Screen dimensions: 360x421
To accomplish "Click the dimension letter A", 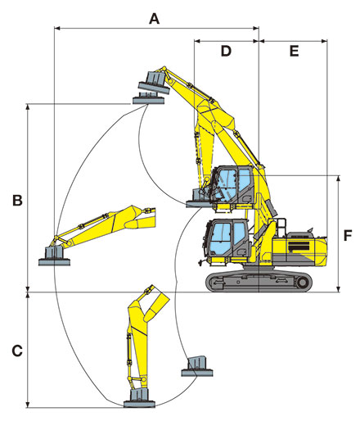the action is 154,19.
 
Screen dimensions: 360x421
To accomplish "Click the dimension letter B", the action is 17,200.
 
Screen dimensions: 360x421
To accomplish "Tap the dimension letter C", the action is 17,351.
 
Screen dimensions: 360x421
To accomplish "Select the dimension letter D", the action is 226,51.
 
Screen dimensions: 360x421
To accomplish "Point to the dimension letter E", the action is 294,51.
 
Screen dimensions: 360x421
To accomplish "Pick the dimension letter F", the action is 348,236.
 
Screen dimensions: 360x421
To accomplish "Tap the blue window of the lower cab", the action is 227,237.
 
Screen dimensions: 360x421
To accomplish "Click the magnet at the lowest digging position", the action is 139,398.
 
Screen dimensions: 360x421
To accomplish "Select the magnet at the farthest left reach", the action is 54,256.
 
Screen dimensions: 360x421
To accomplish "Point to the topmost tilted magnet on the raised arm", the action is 154,83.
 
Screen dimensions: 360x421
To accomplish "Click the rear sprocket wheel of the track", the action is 302,283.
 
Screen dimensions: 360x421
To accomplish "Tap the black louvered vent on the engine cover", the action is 299,247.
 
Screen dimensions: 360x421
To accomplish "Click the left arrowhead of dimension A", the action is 56,28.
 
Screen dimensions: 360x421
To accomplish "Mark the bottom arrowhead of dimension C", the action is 27,405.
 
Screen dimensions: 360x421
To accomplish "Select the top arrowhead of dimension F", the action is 339,179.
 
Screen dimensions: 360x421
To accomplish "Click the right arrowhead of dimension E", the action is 325,41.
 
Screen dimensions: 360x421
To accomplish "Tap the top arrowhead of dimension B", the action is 27,106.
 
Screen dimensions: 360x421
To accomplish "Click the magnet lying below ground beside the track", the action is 197,366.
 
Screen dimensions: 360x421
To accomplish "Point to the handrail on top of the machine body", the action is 281,227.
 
